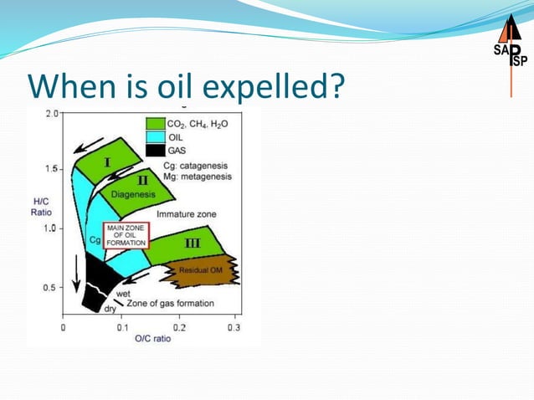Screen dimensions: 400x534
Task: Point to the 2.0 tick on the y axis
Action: coord(51,113)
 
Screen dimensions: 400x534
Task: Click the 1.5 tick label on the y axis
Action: coord(51,169)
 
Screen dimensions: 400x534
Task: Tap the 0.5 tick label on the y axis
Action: coord(51,287)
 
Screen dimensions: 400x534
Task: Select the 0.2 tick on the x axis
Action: coord(180,328)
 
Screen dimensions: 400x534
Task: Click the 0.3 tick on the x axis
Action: coord(235,328)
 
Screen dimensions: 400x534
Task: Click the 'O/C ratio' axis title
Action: coord(152,340)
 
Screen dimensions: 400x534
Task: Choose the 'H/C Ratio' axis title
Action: coord(41,207)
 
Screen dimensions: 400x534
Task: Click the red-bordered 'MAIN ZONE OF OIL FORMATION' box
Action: coord(126,235)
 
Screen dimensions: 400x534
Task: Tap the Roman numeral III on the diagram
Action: coord(192,243)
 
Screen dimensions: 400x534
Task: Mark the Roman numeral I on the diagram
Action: coord(107,161)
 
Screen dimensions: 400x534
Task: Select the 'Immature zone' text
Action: coord(187,214)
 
